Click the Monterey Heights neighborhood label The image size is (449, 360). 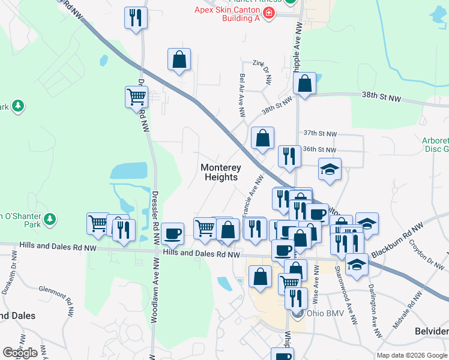pos(219,172)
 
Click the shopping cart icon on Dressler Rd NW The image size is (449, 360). pos(137,97)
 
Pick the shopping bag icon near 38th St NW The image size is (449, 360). pos(305,84)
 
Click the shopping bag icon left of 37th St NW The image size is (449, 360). pos(262,139)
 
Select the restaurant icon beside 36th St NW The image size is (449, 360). pos(289,157)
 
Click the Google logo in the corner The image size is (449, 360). pos(20,352)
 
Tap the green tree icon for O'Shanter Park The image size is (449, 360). pos(51,218)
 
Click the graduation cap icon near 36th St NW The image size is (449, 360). pos(330,169)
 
